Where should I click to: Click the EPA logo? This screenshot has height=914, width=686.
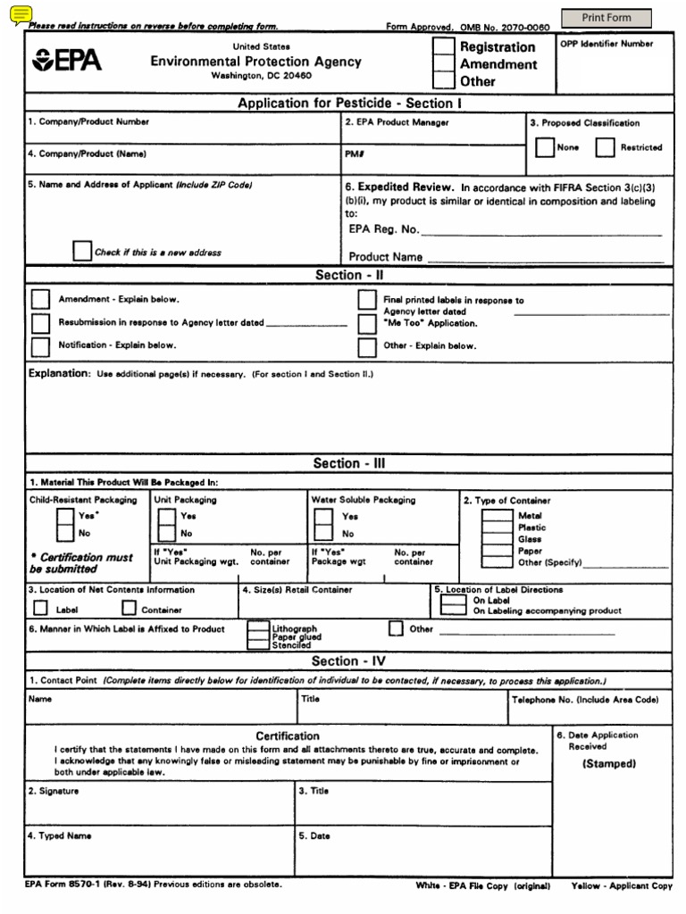point(67,62)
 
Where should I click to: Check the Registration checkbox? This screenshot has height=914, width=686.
point(443,47)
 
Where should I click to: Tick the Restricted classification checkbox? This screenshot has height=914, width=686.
point(605,147)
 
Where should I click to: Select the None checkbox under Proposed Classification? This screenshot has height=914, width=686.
point(544,147)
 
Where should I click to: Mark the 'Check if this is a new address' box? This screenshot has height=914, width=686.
point(82,251)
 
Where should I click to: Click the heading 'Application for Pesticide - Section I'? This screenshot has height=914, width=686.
point(345,104)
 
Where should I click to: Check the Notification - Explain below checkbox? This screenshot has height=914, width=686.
point(40,345)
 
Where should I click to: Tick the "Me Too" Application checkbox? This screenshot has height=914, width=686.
point(367,323)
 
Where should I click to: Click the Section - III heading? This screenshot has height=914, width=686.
point(349,463)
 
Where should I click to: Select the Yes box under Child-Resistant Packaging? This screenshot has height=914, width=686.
point(65,516)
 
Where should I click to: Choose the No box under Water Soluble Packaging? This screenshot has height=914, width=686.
point(323,533)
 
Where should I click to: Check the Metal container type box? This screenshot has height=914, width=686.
point(496,516)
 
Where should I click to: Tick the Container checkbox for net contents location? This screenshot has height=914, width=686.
point(129,609)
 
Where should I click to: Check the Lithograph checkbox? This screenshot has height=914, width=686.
point(258,628)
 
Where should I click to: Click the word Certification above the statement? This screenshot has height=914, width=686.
point(288,735)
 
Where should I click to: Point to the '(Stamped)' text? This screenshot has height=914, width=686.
point(609,764)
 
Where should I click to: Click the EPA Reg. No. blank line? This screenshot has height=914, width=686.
point(540,234)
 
